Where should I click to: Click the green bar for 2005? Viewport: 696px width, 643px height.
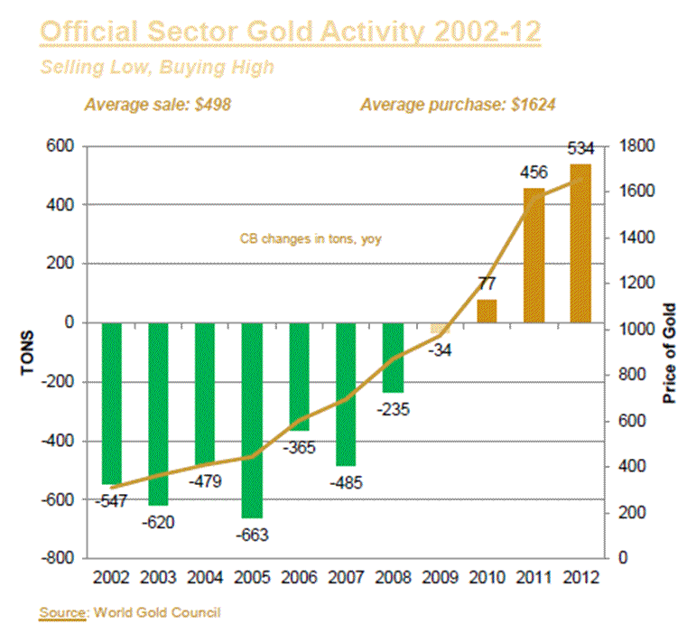pos(253,420)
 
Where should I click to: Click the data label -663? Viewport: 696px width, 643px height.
pos(253,535)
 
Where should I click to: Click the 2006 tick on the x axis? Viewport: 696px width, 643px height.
pos(299,577)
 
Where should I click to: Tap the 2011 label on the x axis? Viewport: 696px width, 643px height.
pos(534,577)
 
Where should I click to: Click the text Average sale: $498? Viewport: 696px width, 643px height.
pos(158,104)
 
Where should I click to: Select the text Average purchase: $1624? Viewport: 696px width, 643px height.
pos(458,104)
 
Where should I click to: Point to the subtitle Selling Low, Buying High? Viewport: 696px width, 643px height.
pos(157,68)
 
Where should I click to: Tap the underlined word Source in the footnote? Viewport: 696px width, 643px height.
pos(63,613)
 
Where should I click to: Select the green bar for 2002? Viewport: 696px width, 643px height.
pos(112,403)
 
